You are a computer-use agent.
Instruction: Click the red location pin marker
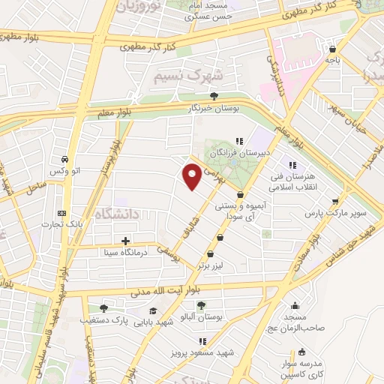tap(193, 175)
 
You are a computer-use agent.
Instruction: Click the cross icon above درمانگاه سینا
tap(125, 241)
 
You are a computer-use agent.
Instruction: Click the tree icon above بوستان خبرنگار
tap(214, 96)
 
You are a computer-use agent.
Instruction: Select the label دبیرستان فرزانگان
tap(238, 151)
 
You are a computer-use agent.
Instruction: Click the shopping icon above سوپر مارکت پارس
tap(334, 202)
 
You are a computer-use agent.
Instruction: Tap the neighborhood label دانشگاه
tap(117, 215)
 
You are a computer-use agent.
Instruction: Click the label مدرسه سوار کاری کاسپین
tap(301, 367)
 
